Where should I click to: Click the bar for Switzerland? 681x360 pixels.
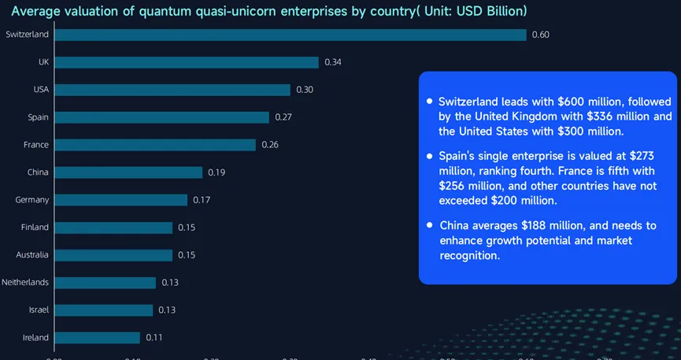(290, 35)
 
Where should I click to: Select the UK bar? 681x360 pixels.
(186, 62)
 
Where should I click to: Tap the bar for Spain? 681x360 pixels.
(161, 117)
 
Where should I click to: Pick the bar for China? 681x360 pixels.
(128, 173)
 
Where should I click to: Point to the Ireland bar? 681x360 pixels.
(97, 337)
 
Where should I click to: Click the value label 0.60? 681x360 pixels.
(541, 35)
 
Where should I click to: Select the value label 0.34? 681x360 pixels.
(333, 62)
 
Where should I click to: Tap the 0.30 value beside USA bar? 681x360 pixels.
(305, 90)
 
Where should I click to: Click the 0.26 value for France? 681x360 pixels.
(270, 145)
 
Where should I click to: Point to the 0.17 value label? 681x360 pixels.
(202, 200)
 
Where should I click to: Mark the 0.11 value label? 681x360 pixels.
(154, 337)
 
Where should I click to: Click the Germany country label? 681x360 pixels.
(31, 200)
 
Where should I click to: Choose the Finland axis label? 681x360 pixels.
(35, 228)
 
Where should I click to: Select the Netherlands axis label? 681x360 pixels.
(25, 282)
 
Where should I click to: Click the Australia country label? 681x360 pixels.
(32, 255)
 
